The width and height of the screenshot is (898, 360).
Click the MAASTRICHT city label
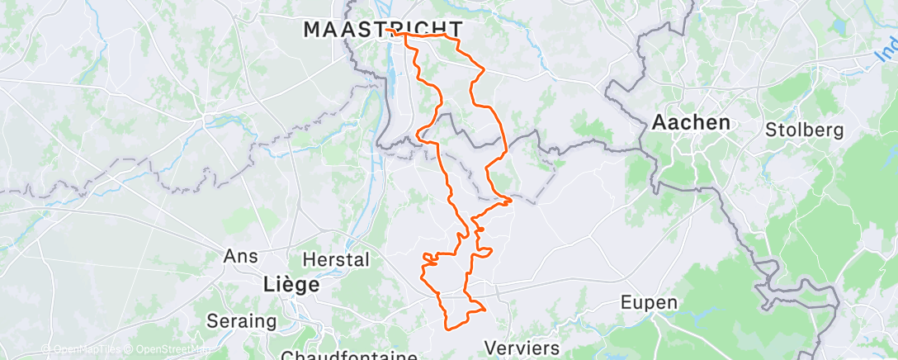[381, 30]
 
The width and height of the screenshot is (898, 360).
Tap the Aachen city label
[691, 123]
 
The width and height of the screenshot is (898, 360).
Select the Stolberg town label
[804, 130]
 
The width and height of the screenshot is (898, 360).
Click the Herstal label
[336, 259]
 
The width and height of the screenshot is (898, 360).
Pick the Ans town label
[242, 257]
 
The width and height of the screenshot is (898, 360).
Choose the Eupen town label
[650, 303]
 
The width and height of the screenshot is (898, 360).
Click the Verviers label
[522, 347]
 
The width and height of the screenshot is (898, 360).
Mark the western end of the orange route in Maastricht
[386, 30]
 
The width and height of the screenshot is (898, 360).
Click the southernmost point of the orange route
[449, 329]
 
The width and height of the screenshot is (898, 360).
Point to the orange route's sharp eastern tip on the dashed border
[512, 199]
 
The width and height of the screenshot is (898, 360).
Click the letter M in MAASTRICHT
[312, 30]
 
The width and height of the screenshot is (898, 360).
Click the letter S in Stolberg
[771, 130]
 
